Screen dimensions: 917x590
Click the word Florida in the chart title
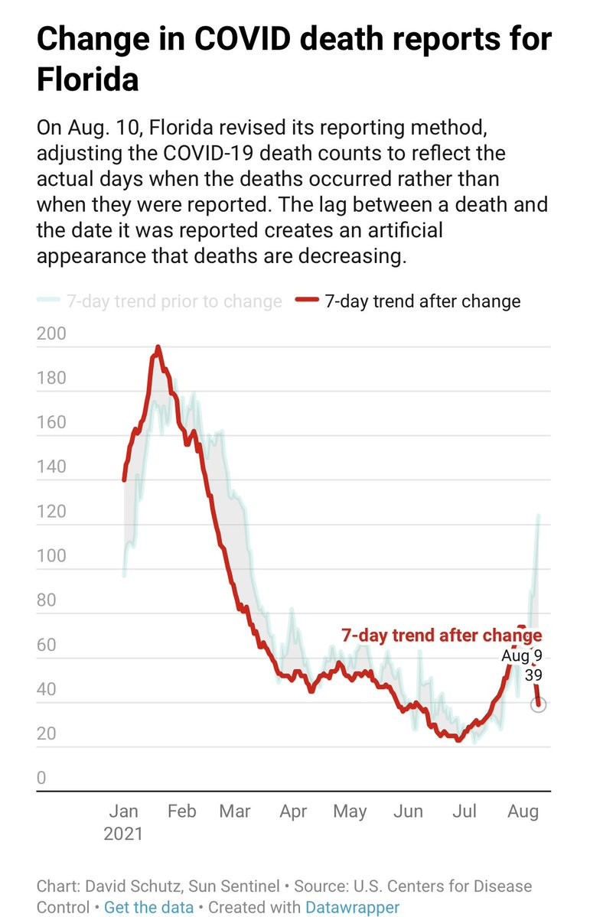click(87, 79)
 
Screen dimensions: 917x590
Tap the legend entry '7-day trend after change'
click(422, 301)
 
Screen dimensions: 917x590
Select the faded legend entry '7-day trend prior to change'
click(174, 301)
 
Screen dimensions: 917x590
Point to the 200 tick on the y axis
click(51, 334)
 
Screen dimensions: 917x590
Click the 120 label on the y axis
click(51, 512)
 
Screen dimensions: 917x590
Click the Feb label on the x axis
click(181, 811)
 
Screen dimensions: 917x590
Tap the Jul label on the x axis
click(464, 811)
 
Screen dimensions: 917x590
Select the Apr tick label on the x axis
click(293, 811)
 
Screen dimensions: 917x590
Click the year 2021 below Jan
click(123, 834)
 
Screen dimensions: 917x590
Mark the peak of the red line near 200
click(158, 347)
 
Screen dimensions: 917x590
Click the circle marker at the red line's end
click(538, 705)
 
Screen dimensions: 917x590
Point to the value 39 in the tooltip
click(533, 676)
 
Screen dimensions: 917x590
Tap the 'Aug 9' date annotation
click(522, 656)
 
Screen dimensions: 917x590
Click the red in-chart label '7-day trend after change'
click(441, 636)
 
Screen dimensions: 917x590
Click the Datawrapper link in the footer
click(352, 908)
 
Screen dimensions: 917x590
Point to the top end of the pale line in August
click(539, 515)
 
